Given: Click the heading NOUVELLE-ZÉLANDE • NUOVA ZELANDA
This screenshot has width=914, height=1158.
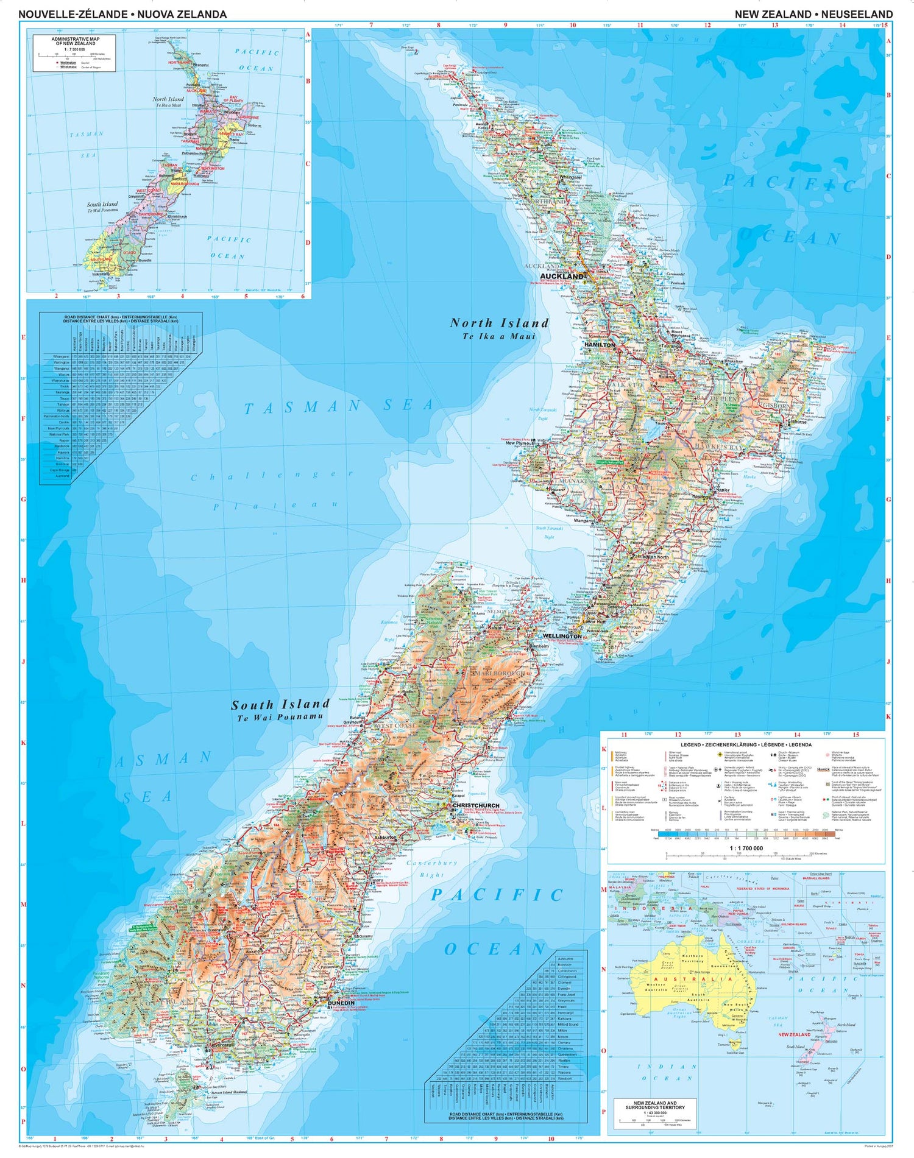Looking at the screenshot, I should (122, 14).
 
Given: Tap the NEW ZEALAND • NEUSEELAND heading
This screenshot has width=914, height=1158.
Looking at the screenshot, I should (813, 14).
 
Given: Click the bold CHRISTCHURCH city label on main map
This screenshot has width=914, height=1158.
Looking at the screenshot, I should (475, 805).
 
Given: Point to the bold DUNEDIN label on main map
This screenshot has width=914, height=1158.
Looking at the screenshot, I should (341, 1003).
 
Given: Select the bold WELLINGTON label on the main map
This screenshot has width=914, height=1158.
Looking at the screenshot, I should (562, 636).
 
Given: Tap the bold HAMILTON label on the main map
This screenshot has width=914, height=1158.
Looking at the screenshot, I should (600, 345).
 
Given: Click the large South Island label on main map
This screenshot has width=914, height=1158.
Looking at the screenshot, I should (280, 705).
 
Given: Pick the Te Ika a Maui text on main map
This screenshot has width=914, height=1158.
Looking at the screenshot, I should (498, 336).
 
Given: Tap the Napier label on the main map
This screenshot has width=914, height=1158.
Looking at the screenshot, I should (722, 490).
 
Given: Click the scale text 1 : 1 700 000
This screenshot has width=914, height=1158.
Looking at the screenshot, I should (746, 848).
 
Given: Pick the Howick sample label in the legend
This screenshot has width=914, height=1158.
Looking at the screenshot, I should (823, 769).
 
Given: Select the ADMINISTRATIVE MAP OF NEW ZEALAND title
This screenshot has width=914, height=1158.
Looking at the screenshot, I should (75, 41).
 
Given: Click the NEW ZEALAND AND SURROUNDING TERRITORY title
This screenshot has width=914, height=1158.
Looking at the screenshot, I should (654, 1105).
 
